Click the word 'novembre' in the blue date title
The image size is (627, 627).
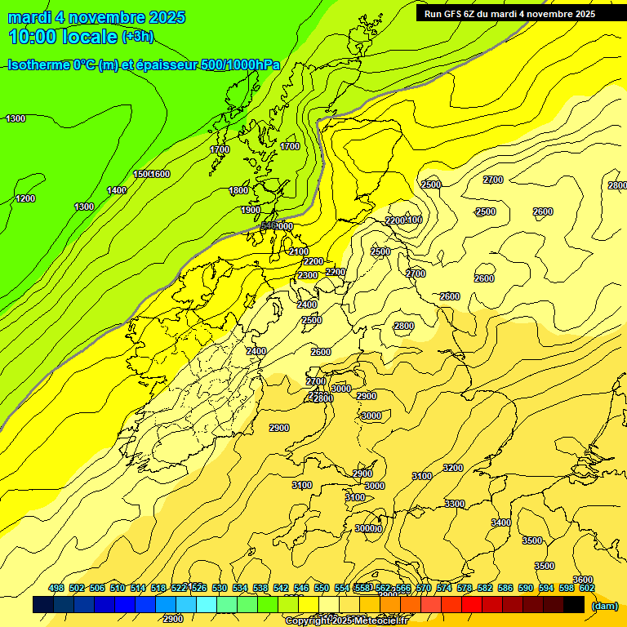102,17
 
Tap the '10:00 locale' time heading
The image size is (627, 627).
63,37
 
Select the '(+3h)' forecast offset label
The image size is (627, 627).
137,37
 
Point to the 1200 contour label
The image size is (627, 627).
25,198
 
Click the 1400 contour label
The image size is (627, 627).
117,190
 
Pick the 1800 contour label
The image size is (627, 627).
238,190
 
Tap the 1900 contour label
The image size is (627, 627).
251,210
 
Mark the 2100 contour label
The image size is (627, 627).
299,251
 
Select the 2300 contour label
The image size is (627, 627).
308,275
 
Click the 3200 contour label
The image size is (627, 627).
453,468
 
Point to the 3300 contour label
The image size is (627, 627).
455,504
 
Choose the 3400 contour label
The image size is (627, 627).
501,522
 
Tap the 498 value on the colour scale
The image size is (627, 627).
56,588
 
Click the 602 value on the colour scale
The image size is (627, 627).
587,588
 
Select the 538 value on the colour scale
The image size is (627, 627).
260,588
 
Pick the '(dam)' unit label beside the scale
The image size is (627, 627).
604,606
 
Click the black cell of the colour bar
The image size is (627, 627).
574,605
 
